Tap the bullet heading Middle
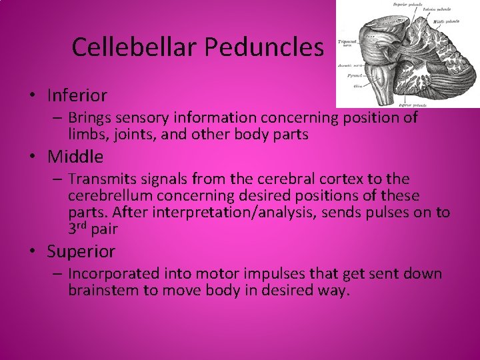pyautogui.click(x=75, y=157)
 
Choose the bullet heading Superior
pyautogui.click(x=81, y=252)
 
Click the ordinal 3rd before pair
pyautogui.click(x=79, y=229)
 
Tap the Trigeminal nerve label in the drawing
pyautogui.click(x=347, y=43)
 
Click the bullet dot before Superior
pyautogui.click(x=32, y=253)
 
